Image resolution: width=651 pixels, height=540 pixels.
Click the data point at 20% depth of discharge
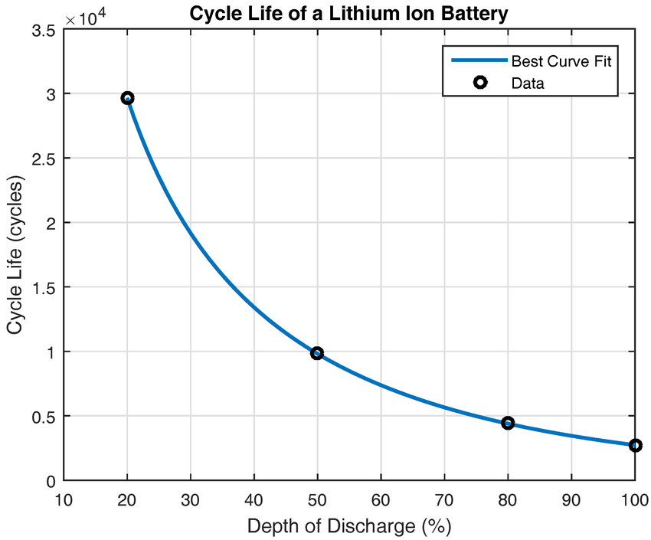pos(127,98)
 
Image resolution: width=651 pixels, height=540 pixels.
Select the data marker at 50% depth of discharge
pos(317,353)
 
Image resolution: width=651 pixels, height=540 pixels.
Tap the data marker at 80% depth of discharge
pos(508,423)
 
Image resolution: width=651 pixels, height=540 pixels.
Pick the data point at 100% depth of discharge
pos(635,445)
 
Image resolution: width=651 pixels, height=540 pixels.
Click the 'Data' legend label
pos(528,83)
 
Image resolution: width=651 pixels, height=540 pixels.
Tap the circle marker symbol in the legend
pos(479,83)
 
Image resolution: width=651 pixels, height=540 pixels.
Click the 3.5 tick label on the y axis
pos(44,30)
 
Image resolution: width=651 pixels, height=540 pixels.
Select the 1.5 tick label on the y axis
pos(44,287)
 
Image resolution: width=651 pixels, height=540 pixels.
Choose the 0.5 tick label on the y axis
pos(44,417)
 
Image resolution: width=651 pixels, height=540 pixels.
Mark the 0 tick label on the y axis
pos(50,481)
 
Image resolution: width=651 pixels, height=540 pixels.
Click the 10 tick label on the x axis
pos(64,499)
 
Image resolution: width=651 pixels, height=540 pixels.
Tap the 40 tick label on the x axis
pos(254,499)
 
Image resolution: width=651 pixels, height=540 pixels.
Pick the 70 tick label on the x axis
pos(444,499)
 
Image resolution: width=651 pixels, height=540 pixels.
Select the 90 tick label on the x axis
pos(571,499)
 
